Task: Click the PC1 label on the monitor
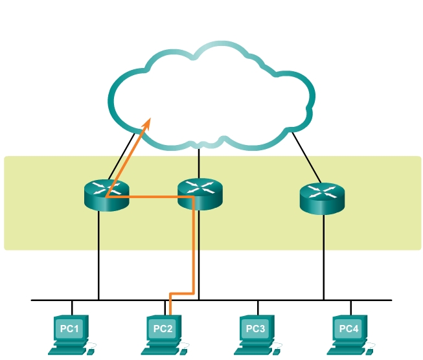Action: point(69,329)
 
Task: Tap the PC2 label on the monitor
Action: point(163,329)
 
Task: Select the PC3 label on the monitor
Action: point(256,329)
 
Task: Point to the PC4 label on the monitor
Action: point(349,329)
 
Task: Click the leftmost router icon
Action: point(106,195)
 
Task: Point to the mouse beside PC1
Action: point(91,349)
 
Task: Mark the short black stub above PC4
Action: point(350,308)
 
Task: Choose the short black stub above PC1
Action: point(72,308)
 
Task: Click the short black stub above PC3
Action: point(257,308)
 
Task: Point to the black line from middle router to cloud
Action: point(199,162)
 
